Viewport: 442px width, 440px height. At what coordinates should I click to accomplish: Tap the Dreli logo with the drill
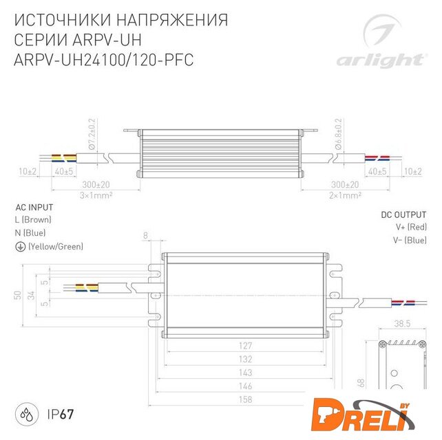[363, 415]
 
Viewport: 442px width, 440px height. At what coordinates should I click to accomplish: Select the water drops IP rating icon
[26, 414]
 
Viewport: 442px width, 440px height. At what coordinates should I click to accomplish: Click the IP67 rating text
[61, 415]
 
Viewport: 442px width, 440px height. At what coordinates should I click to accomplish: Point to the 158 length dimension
[245, 399]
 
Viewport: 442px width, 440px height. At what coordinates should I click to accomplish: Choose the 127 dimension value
[245, 346]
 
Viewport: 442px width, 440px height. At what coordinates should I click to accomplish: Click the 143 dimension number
[245, 373]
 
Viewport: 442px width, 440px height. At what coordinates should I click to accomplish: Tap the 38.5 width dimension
[402, 324]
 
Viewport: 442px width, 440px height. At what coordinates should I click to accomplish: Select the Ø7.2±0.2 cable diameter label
[92, 134]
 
